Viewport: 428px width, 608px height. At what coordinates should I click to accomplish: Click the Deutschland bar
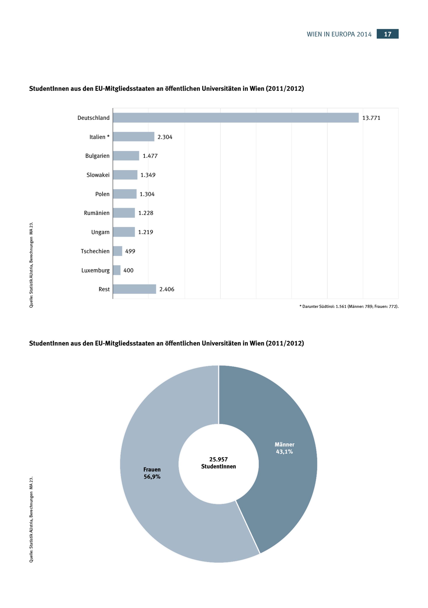tap(236, 117)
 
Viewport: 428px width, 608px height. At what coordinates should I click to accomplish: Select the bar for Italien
tap(134, 137)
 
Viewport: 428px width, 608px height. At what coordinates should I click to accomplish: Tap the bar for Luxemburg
tap(117, 270)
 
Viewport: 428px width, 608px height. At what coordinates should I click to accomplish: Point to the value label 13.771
tap(371, 118)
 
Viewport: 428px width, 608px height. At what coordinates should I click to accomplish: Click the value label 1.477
tap(150, 156)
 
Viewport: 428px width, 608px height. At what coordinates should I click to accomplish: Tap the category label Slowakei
tap(98, 175)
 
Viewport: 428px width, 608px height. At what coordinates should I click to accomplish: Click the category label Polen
tap(102, 194)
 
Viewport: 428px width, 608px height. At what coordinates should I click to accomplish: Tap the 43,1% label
tap(284, 452)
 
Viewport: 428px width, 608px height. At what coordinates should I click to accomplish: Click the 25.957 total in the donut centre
tap(218, 459)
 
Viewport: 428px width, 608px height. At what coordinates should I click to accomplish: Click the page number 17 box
tap(388, 34)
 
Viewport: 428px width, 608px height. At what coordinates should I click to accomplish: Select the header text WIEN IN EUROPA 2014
tap(339, 34)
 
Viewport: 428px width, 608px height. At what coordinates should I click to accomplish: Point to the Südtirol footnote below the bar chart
tap(349, 306)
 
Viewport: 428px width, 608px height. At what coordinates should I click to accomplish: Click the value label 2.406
tap(166, 289)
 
